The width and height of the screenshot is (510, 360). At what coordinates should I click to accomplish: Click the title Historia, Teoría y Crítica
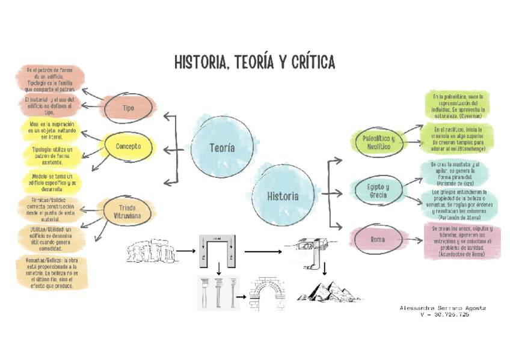tap(254, 63)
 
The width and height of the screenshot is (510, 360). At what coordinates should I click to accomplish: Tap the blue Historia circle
tap(283, 196)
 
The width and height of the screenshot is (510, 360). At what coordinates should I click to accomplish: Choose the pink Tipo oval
tap(128, 108)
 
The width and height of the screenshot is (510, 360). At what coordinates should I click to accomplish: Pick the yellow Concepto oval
tap(128, 146)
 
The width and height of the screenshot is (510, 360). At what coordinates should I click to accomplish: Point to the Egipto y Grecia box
tap(378, 191)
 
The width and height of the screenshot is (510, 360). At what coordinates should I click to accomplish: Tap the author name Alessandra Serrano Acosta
tap(443, 308)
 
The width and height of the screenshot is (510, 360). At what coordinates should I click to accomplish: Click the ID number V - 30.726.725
tap(444, 315)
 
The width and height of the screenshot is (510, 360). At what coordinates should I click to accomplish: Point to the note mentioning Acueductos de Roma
tap(461, 242)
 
